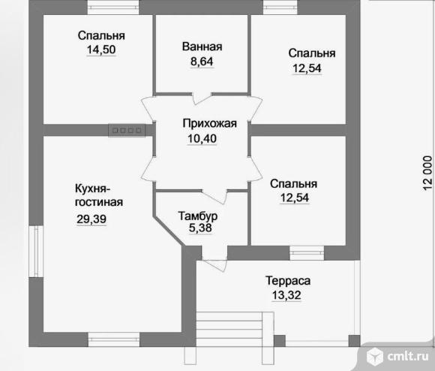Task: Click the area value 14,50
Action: click(x=101, y=50)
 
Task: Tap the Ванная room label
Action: click(x=202, y=47)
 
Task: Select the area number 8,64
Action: click(x=202, y=62)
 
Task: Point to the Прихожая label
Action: click(x=209, y=124)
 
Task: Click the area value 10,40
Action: click(x=202, y=139)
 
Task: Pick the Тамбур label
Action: click(x=197, y=216)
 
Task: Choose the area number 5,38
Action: click(x=200, y=228)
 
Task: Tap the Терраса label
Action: click(x=288, y=281)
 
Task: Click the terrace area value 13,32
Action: click(x=286, y=295)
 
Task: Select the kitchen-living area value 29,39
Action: click(x=91, y=219)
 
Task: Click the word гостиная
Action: click(x=99, y=202)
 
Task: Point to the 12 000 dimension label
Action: click(x=427, y=173)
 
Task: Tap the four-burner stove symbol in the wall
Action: click(x=127, y=130)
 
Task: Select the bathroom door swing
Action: click(x=202, y=98)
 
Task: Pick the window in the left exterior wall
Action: click(x=36, y=251)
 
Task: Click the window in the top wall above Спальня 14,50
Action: click(x=113, y=8)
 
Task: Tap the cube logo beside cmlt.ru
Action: click(x=375, y=357)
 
